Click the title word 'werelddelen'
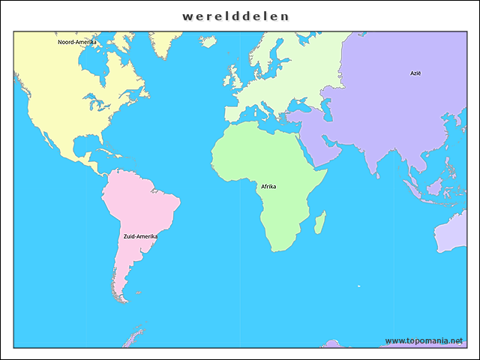click(x=235, y=16)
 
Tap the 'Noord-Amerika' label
click(x=77, y=42)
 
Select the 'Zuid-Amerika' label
click(x=140, y=236)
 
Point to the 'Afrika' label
click(x=268, y=186)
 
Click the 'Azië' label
click(x=415, y=73)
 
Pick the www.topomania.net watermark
click(x=424, y=340)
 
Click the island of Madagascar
click(x=320, y=221)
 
